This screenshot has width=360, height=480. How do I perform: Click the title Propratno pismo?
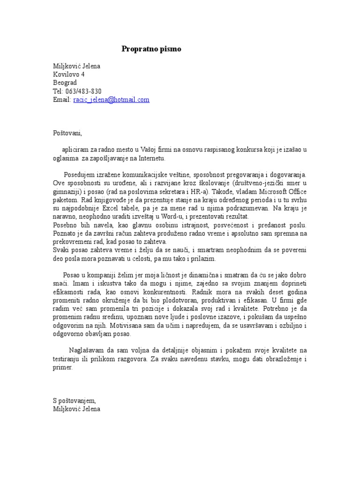pos(151,49)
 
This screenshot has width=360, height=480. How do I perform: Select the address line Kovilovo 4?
pos(69,75)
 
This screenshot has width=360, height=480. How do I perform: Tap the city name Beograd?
pos(65,83)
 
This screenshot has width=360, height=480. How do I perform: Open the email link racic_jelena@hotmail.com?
pos(111,100)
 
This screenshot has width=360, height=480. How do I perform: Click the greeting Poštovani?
pos(67,133)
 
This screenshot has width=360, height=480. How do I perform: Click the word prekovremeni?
pos(72,241)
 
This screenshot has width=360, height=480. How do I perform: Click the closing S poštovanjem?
pos(75,401)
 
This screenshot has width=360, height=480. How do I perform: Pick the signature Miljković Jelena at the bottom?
pos(76,409)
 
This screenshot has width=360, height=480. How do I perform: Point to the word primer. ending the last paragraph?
pos(63,368)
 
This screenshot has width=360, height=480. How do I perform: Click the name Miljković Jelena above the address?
pos(76,66)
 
